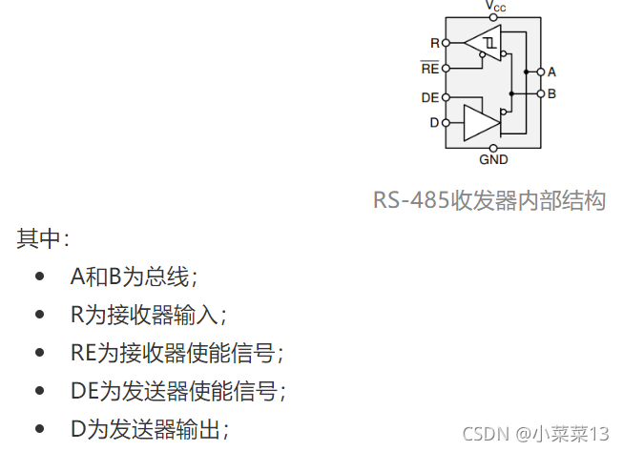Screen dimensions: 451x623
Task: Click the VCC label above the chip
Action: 496,7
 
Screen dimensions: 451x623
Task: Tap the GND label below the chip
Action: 493,160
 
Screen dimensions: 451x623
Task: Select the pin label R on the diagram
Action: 435,43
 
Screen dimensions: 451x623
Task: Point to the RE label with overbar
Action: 430,69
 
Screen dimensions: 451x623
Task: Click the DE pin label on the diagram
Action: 430,97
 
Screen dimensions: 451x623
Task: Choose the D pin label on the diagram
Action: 434,122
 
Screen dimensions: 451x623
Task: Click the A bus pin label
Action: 552,72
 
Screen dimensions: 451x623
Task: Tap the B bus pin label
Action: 552,93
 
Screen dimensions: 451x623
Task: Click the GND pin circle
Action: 493,148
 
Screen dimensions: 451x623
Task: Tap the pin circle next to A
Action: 541,72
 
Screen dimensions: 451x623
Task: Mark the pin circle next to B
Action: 541,93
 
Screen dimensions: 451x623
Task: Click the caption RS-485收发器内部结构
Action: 489,201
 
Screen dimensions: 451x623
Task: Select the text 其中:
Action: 42,239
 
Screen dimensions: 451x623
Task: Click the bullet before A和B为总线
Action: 39,277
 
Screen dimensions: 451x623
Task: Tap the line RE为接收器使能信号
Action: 177,353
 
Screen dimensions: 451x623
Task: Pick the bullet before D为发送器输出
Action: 39,429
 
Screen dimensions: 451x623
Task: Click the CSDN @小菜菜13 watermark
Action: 535,434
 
